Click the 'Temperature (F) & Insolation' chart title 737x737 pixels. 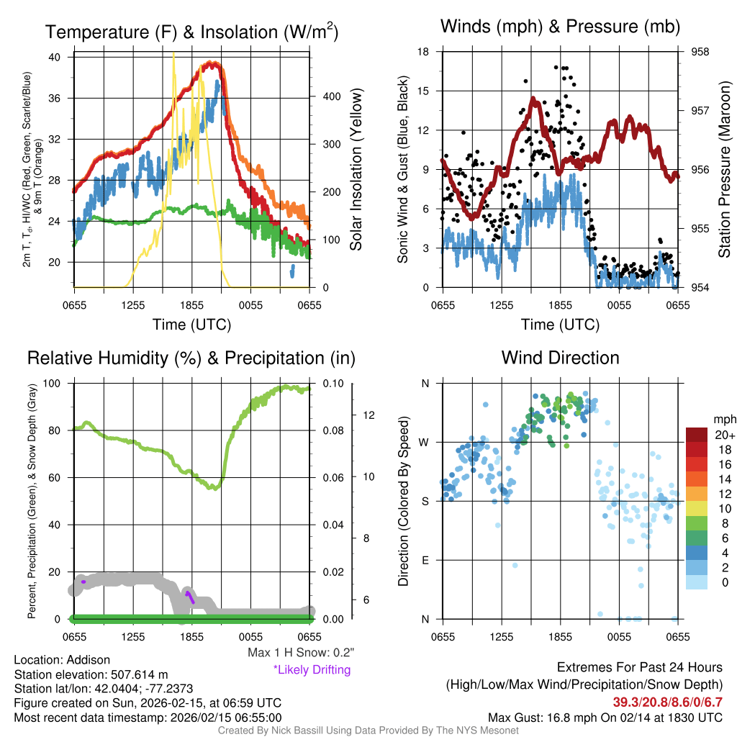click(192, 32)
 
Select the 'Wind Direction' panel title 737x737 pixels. click(560, 358)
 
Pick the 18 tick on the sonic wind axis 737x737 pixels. click(424, 52)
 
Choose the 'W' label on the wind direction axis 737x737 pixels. click(425, 442)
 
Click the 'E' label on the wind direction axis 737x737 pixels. click(425, 560)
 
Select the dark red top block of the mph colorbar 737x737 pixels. click(697, 435)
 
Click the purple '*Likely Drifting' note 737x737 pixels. click(312, 669)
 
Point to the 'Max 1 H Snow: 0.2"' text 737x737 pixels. click(301, 653)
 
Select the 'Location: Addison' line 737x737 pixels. click(62, 660)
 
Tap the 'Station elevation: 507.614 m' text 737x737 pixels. click(91, 674)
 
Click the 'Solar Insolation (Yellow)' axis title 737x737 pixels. click(356, 170)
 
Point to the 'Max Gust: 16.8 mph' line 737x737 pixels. click(605, 717)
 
